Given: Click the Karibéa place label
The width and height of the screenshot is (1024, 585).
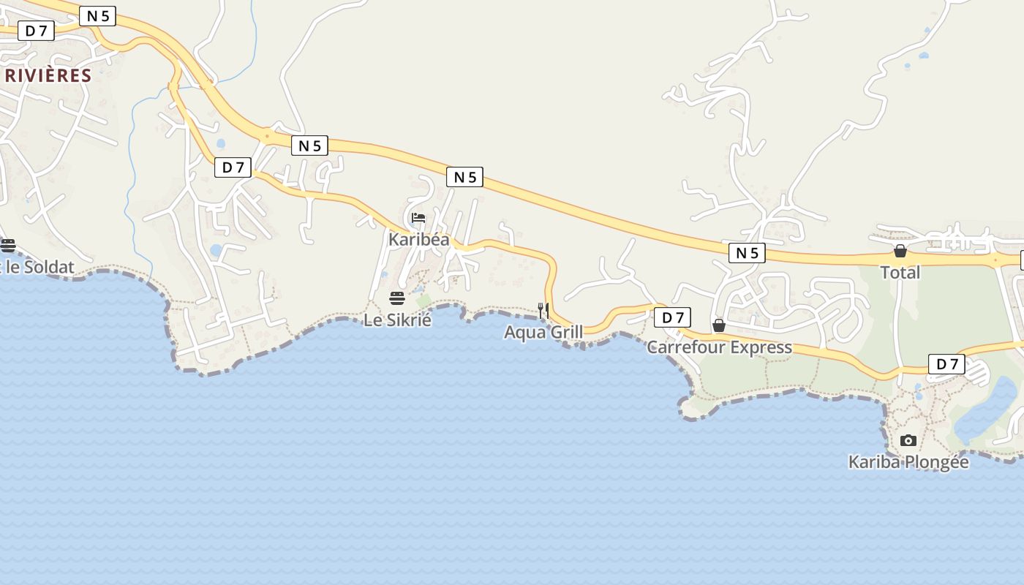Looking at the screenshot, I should click(418, 239).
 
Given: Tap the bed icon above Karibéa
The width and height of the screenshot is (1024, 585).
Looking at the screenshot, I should click(418, 218).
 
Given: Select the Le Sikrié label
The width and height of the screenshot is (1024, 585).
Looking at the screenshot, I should click(397, 320).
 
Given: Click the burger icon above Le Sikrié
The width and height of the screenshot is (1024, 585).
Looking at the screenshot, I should click(397, 298).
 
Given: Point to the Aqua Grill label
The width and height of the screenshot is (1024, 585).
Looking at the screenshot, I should click(543, 333).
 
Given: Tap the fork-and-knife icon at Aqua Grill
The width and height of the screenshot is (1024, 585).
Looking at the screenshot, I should click(543, 311).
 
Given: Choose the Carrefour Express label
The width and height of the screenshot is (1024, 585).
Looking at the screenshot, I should click(719, 347).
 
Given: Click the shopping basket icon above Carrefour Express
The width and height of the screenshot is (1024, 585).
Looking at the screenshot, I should click(719, 325).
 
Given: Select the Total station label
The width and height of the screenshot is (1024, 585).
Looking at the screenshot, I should click(900, 273).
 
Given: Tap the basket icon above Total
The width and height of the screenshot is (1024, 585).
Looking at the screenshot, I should click(900, 251).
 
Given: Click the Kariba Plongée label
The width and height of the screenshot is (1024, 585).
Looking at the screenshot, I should click(908, 462).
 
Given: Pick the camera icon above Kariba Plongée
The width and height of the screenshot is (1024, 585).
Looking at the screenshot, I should click(908, 440).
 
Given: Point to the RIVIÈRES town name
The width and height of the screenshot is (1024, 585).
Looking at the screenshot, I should click(48, 75).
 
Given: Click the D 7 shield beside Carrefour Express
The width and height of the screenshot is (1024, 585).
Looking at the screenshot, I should click(672, 317).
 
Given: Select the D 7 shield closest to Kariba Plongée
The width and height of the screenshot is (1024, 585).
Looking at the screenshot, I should click(946, 363).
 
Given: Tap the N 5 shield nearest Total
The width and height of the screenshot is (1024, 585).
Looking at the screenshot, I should click(747, 253).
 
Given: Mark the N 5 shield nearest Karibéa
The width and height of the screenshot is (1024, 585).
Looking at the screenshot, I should click(464, 176).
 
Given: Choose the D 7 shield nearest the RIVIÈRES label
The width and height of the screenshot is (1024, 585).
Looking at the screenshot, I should click(36, 30).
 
